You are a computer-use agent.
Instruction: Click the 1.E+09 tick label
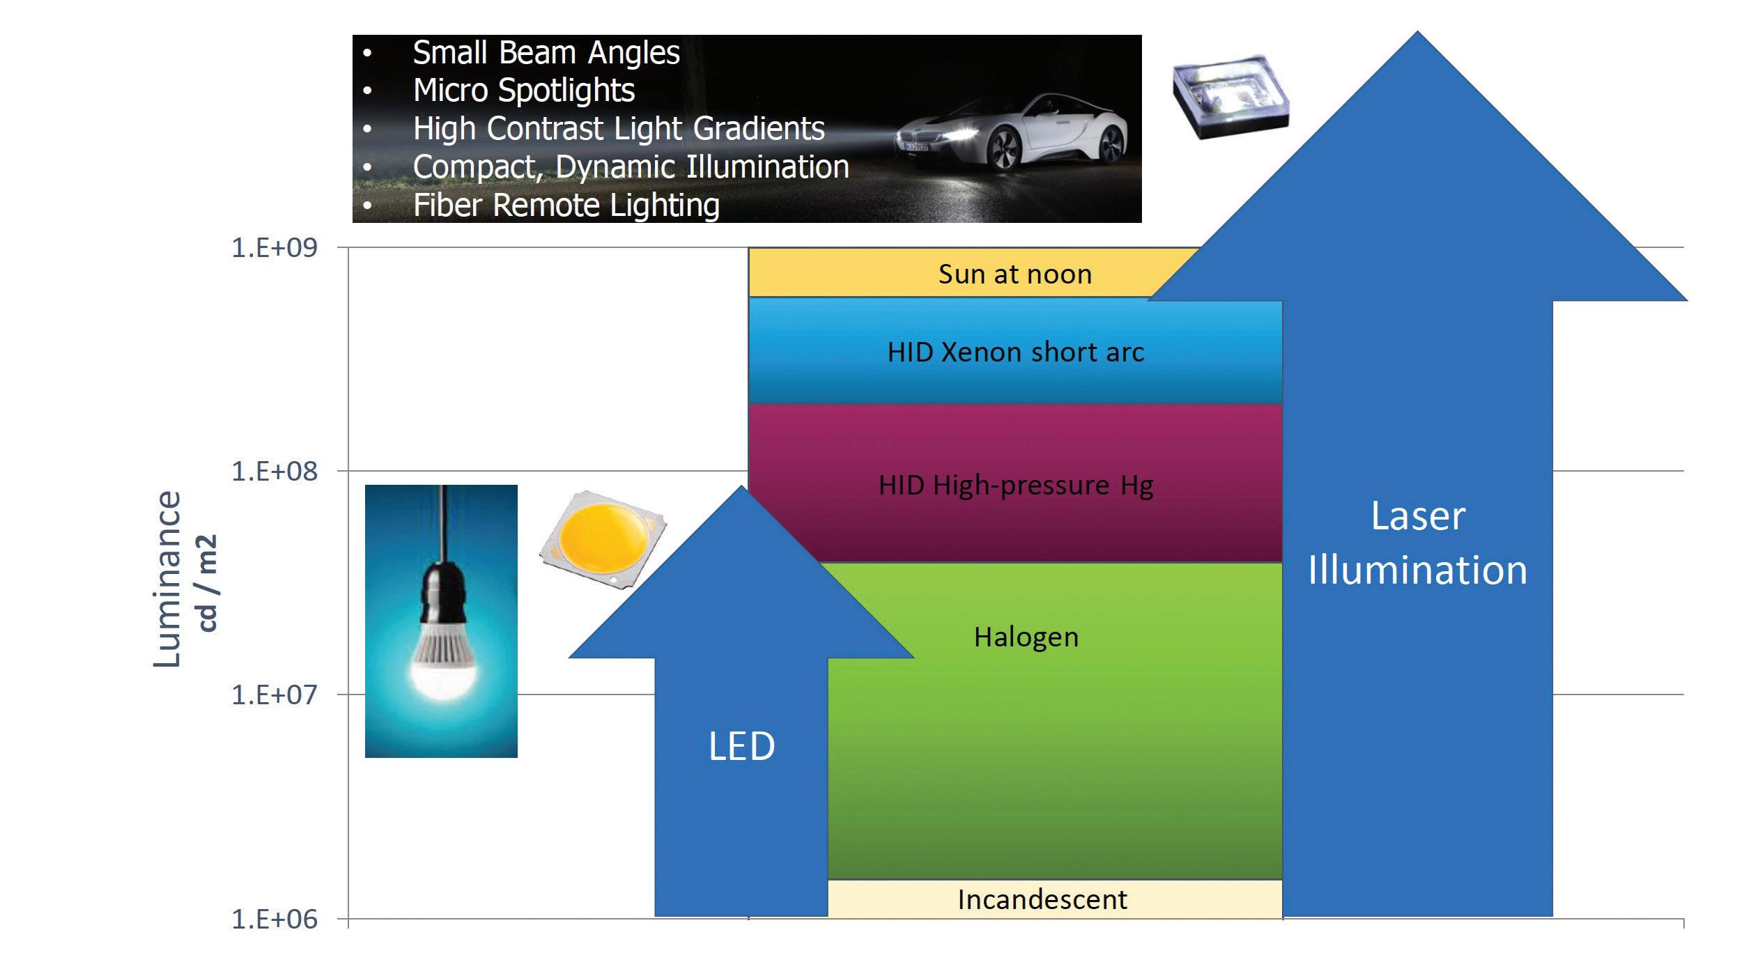(274, 248)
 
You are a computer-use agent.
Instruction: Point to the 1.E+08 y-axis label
(274, 472)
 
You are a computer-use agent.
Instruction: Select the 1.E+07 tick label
(274, 695)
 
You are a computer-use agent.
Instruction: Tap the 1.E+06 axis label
(274, 920)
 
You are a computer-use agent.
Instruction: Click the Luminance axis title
(168, 579)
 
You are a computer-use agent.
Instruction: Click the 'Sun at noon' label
(1014, 274)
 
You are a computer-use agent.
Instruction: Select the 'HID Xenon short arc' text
(1015, 352)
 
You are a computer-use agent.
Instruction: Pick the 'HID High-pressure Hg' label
(1015, 486)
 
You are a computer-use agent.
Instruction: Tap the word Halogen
(1026, 637)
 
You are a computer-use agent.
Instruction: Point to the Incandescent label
(1042, 900)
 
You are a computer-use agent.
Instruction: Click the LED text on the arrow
(741, 747)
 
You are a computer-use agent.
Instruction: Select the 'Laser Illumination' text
(1418, 543)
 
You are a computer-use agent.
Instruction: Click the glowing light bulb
(442, 662)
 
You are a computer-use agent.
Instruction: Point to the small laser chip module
(1230, 96)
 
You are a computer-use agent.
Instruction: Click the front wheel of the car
(1004, 150)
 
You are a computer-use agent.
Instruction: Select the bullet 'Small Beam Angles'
(546, 53)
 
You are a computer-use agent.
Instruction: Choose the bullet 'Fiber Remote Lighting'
(566, 205)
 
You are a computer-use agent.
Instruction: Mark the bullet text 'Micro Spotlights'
(523, 91)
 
